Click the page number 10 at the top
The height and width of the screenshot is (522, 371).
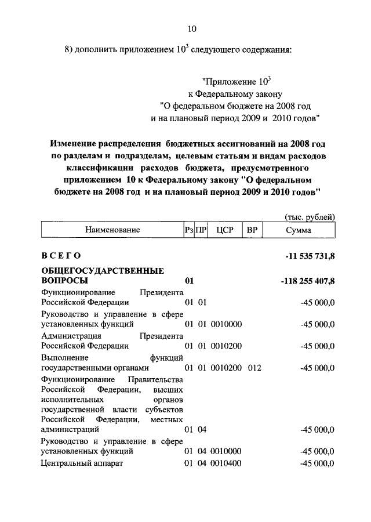pos(192,28)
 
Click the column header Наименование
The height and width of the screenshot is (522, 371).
pos(112,230)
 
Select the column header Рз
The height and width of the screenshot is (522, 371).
pos(188,230)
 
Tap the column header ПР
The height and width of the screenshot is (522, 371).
pos(201,230)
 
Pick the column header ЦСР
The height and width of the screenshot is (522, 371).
pos(224,230)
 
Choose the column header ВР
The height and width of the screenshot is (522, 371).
pos(252,230)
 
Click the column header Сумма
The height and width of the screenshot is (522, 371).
pos(299,230)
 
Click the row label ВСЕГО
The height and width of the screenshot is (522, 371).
pos(61,256)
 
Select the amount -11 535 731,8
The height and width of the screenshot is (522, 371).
pos(307,256)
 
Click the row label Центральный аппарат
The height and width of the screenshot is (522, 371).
pos(82,463)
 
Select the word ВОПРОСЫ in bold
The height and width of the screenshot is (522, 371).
pos(66,281)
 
